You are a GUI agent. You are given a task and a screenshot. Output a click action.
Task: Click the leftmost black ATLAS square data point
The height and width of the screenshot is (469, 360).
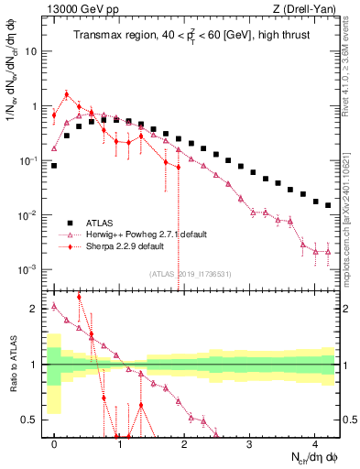tap(55, 166)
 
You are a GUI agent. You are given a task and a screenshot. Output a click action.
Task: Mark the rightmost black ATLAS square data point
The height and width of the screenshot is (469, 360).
tap(328, 205)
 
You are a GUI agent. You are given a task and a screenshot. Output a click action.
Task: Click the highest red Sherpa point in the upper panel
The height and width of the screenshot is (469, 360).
tap(67, 93)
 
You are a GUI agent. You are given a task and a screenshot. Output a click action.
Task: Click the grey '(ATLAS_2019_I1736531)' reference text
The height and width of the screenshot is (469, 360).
tap(192, 274)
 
